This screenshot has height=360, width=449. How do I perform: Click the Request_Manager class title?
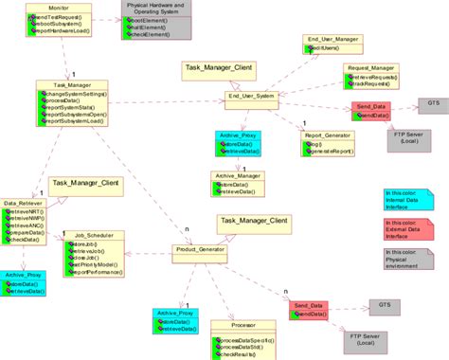pyautogui.click(x=370, y=68)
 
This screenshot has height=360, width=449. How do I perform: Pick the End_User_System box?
pyautogui.click(x=251, y=96)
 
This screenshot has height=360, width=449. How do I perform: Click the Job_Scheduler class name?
pyautogui.click(x=94, y=233)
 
